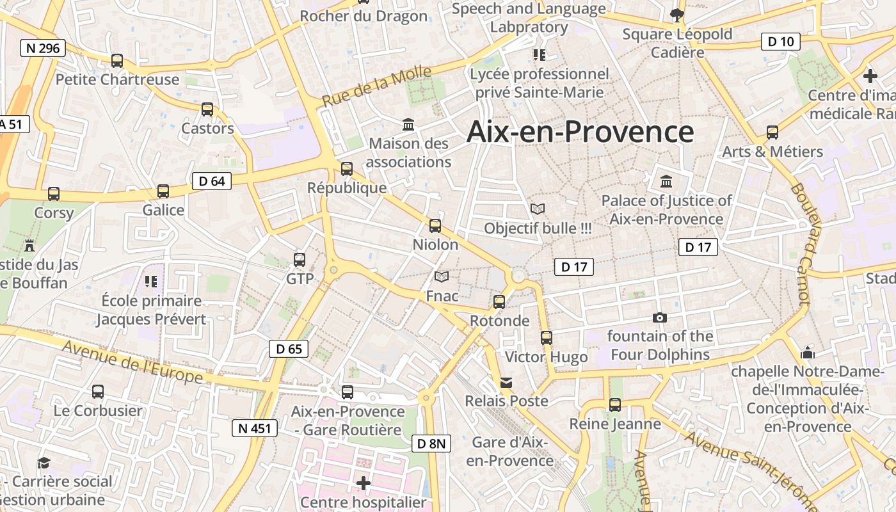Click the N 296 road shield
[x=43, y=48]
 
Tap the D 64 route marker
[x=211, y=181]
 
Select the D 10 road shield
[x=780, y=42]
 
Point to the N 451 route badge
[x=254, y=428]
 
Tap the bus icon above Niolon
[x=435, y=225]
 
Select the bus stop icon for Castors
[x=207, y=109]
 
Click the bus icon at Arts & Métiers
[x=772, y=132]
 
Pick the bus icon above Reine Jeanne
[x=615, y=404]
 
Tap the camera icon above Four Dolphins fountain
[x=659, y=317]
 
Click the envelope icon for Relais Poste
[x=506, y=382]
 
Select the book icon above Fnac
[x=442, y=276]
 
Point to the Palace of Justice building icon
[x=666, y=181]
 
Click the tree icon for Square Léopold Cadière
[x=676, y=15]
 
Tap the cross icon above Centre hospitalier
[x=364, y=483]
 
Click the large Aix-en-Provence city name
[x=580, y=132]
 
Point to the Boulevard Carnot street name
[x=800, y=243]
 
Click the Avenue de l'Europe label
[x=132, y=362]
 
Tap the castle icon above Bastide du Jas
[x=29, y=245]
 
